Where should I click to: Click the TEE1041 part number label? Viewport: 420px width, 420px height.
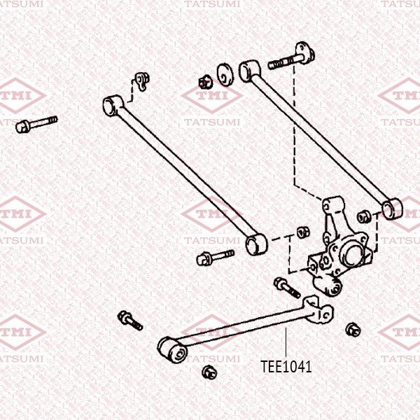pyautogui.click(x=286, y=366)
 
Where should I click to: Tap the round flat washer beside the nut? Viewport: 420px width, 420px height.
pyautogui.click(x=225, y=73)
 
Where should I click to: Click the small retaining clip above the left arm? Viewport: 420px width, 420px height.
pyautogui.click(x=142, y=80)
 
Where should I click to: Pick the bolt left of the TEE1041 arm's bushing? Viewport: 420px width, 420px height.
pyautogui.click(x=130, y=320)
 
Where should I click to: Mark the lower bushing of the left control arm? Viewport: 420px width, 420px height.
pyautogui.click(x=255, y=244)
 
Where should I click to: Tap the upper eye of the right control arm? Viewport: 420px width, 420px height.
pyautogui.click(x=248, y=69)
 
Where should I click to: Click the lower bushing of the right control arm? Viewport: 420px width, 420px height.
pyautogui.click(x=393, y=208)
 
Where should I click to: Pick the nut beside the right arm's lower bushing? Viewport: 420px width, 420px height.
pyautogui.click(x=363, y=215)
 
